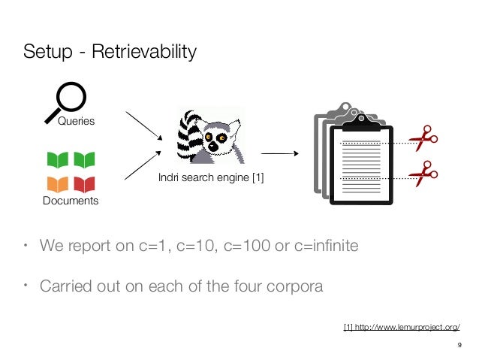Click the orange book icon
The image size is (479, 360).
(58, 183)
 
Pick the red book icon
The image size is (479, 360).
(85, 183)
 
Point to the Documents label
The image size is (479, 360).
(70, 201)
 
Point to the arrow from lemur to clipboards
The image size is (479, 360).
(279, 153)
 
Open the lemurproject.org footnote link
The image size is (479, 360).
(401, 326)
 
